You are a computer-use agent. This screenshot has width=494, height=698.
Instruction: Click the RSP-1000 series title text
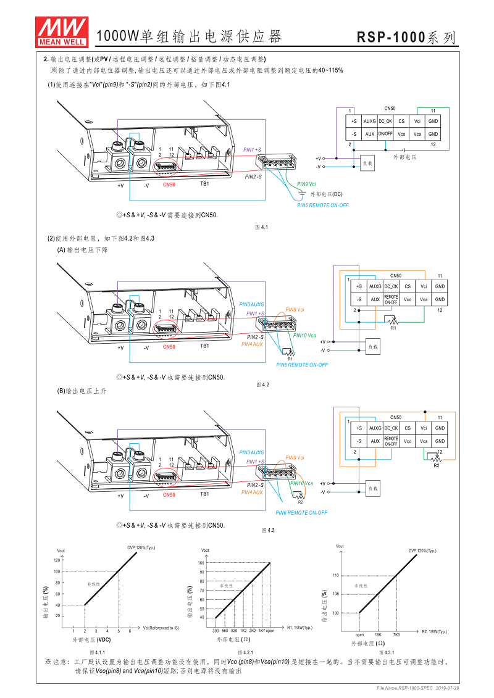click(407, 38)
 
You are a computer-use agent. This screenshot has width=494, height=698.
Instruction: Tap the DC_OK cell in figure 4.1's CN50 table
click(385, 122)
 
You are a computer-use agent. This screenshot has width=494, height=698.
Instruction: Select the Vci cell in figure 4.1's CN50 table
click(417, 122)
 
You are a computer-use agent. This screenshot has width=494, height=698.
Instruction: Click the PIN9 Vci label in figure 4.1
click(306, 184)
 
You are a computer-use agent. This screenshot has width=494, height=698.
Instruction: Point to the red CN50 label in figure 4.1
click(169, 184)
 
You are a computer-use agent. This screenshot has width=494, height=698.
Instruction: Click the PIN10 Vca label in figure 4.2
click(304, 335)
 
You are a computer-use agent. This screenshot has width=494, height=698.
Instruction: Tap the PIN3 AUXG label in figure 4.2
click(251, 305)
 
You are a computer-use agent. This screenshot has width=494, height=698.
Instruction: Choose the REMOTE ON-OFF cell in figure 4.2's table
click(391, 299)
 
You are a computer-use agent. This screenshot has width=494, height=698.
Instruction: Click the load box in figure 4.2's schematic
click(372, 347)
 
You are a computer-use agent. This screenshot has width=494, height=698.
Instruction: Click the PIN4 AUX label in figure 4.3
click(252, 492)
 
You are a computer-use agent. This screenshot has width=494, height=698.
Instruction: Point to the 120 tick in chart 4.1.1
click(57, 560)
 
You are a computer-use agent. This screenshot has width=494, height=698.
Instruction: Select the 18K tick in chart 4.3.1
click(377, 634)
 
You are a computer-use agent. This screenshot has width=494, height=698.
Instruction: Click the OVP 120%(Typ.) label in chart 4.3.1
click(422, 551)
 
